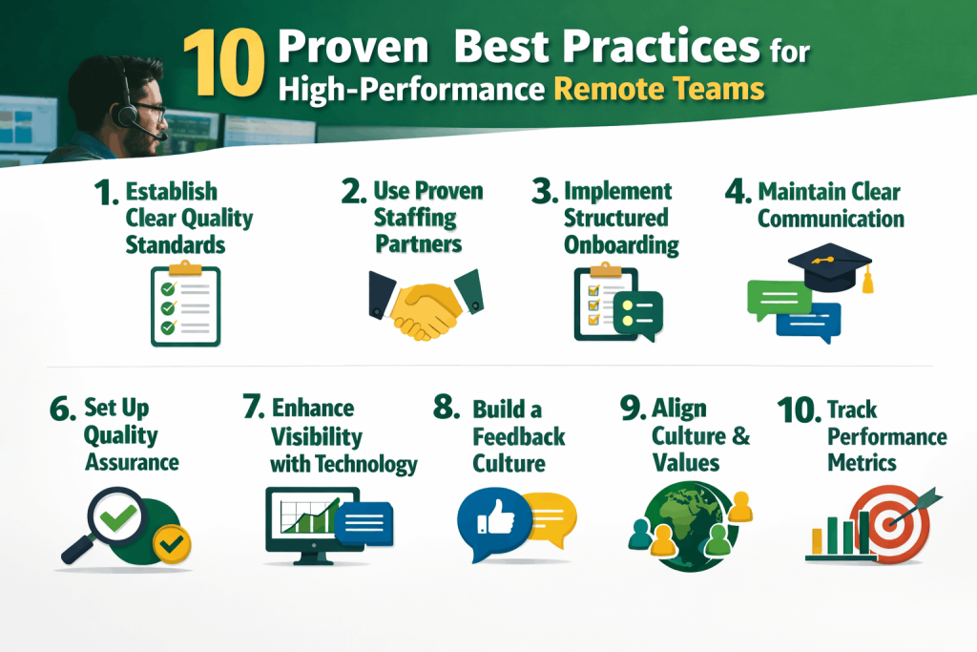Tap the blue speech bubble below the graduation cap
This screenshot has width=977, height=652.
point(808,322)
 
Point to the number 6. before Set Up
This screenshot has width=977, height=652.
point(65,409)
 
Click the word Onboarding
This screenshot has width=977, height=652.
point(621,244)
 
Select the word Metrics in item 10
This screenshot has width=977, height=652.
point(862,463)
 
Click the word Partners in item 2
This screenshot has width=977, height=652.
point(418,243)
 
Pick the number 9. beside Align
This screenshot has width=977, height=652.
point(633,409)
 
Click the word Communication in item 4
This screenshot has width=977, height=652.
point(830,219)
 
